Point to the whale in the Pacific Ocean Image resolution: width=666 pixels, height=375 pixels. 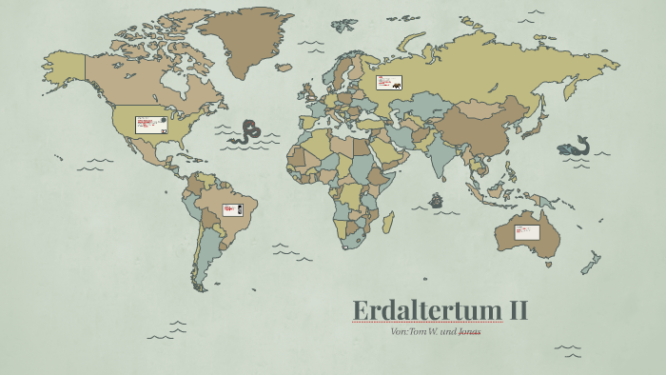(x=574, y=147)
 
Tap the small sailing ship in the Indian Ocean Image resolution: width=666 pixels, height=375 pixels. (x=437, y=201)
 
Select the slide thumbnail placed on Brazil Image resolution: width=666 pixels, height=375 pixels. (x=231, y=209)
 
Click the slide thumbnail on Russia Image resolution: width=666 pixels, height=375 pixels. (x=388, y=83)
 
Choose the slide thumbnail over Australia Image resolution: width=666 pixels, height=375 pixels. (x=526, y=231)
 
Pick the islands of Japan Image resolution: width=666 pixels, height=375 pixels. (x=539, y=121)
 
